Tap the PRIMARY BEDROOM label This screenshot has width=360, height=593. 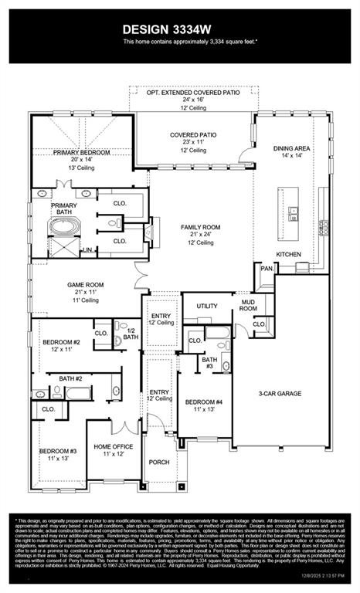click(82, 153)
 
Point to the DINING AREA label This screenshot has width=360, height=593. click(292, 147)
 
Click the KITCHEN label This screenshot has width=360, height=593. click(289, 254)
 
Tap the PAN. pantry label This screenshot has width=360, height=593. click(267, 268)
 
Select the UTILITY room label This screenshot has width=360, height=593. click(206, 306)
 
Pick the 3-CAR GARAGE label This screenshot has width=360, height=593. click(280, 393)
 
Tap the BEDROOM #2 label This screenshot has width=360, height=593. click(61, 341)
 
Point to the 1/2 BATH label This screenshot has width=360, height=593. click(131, 334)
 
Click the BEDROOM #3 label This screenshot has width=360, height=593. click(59, 450)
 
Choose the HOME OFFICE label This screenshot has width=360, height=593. click(113, 447)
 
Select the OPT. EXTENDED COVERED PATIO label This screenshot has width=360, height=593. click(193, 92)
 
